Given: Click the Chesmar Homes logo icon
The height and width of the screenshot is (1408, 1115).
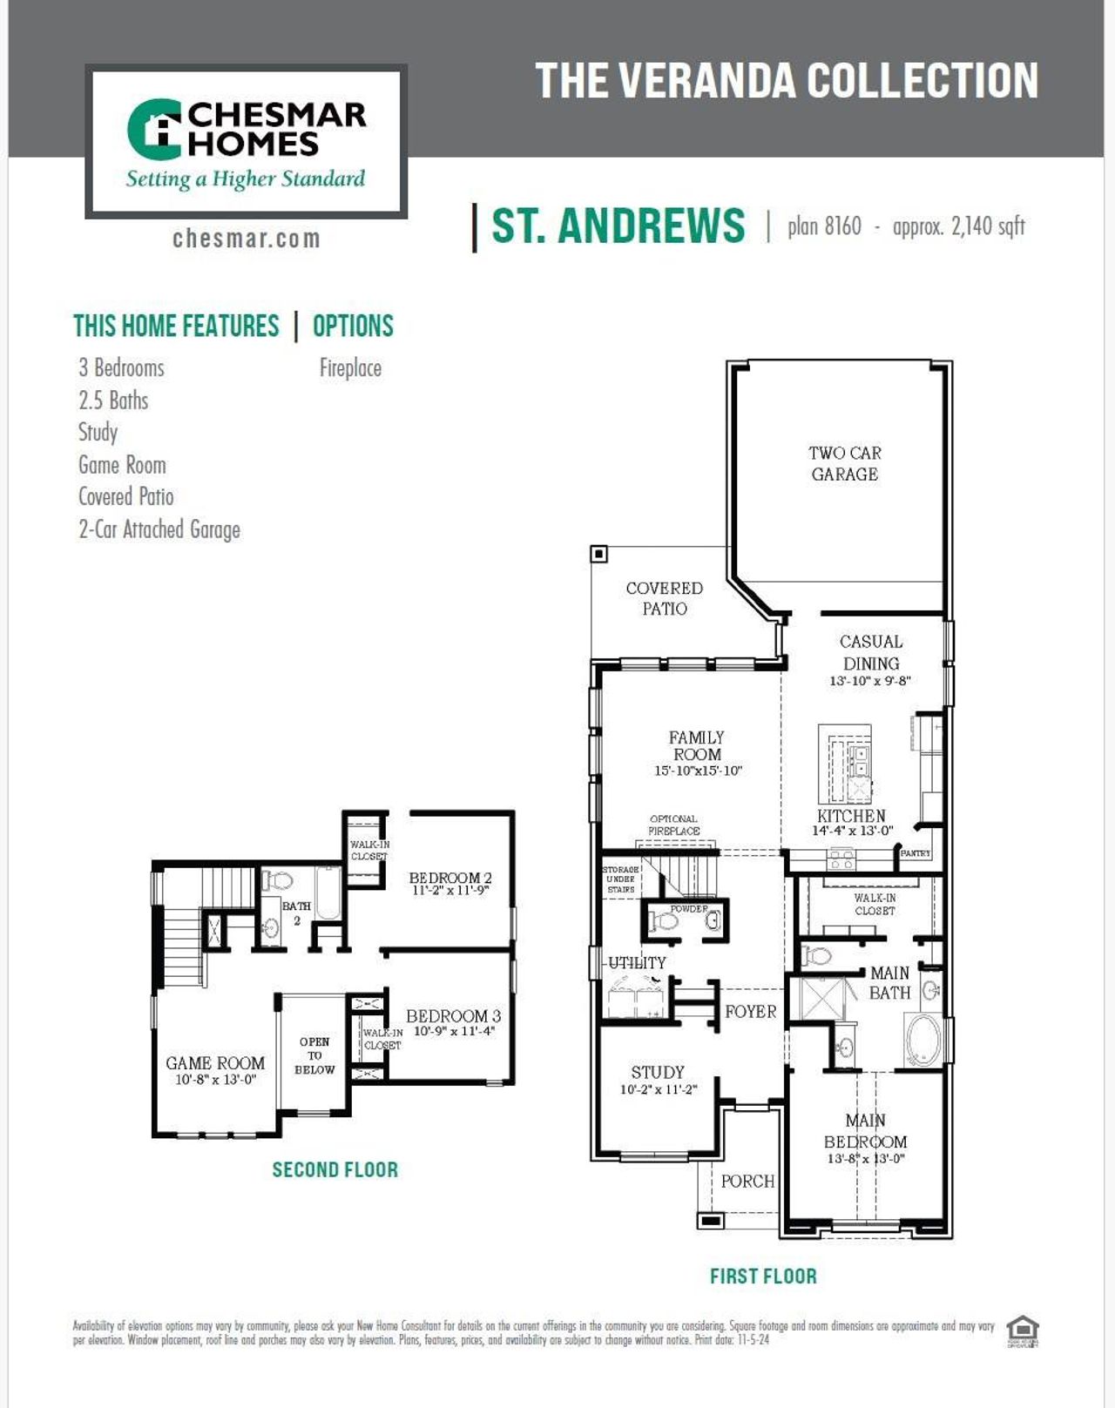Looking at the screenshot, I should tap(154, 130).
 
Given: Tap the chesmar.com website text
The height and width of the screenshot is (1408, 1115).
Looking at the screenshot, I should tap(247, 239).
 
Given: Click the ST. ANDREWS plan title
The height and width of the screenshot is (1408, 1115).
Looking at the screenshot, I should tap(618, 226).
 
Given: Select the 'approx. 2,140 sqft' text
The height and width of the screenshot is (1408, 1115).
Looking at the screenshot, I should tap(958, 226).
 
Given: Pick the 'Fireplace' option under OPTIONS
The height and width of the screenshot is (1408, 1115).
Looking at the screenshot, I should tap(350, 368).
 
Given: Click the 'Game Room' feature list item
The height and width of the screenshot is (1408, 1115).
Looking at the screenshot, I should tap(122, 465).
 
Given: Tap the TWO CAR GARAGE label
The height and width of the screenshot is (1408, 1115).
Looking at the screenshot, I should tap(844, 463).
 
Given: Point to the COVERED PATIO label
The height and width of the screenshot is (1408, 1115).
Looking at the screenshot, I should tap(664, 598).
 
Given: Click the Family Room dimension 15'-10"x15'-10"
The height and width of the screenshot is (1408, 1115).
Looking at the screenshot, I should tap(698, 771).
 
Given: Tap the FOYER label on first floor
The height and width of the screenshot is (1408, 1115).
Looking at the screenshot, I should tap(750, 1012).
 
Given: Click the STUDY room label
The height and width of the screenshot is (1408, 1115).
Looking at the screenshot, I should tap(658, 1073).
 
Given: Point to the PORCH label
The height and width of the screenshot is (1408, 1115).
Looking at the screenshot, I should tap(747, 1182).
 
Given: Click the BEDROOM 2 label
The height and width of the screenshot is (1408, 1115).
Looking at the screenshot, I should tap(450, 878).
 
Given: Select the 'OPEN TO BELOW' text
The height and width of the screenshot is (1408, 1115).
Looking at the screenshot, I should tap(314, 1055).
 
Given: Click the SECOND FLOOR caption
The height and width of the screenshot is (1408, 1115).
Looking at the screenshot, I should tap(334, 1169).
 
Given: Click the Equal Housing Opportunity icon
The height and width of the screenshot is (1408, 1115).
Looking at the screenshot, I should tap(1023, 1331).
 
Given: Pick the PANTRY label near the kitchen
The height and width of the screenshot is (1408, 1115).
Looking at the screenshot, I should tap(916, 853).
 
